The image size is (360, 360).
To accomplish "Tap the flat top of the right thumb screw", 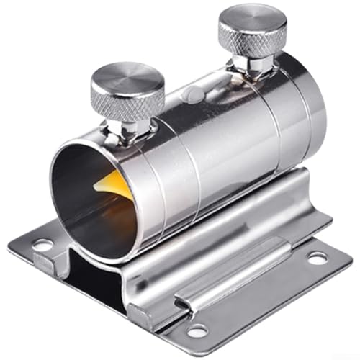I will click(252, 19).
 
